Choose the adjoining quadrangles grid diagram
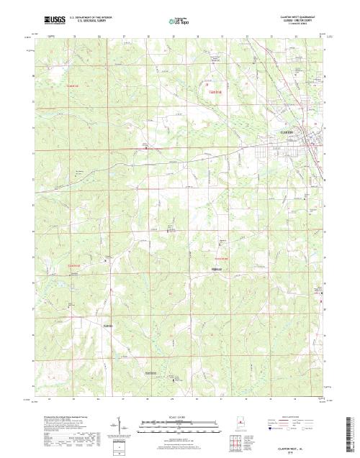coord(233,440)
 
